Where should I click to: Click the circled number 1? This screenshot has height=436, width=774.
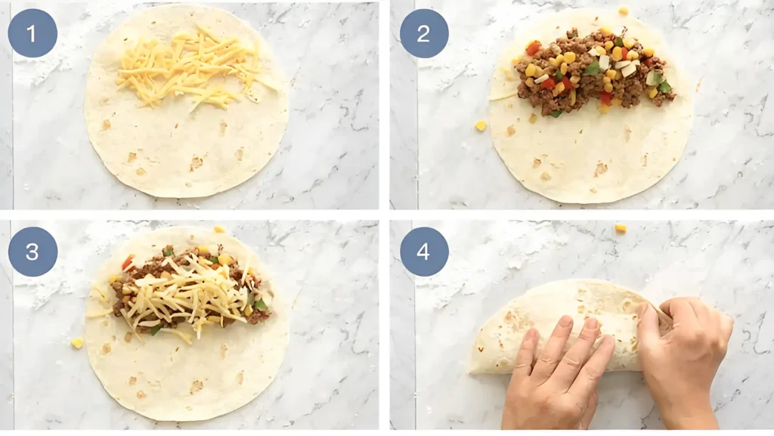(33, 33)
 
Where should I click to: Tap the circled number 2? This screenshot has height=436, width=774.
(423, 33)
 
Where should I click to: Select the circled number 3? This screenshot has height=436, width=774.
(33, 251)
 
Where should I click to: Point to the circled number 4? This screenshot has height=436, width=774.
(423, 251)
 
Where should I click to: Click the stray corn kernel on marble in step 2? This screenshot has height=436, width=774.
(481, 125)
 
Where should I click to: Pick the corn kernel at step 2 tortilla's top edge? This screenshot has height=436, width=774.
(623, 11)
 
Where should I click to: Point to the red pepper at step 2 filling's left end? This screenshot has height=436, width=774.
(534, 48)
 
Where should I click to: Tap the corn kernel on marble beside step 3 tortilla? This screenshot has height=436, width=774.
(77, 343)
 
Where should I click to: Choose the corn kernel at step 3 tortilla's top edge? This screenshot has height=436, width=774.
(219, 229)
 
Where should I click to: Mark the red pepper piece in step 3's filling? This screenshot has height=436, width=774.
(128, 262)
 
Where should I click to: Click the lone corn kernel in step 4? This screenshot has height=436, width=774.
(621, 227)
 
